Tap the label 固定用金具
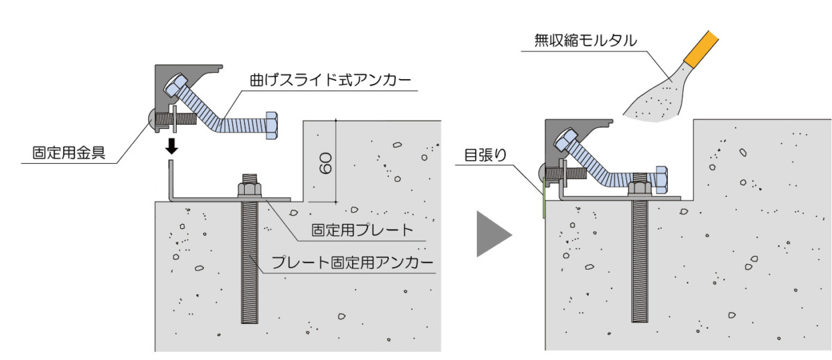coord(69,152)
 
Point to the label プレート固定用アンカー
coord(352,263)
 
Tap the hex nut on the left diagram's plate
coord(249,188)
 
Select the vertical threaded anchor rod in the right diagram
coord(640,264)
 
